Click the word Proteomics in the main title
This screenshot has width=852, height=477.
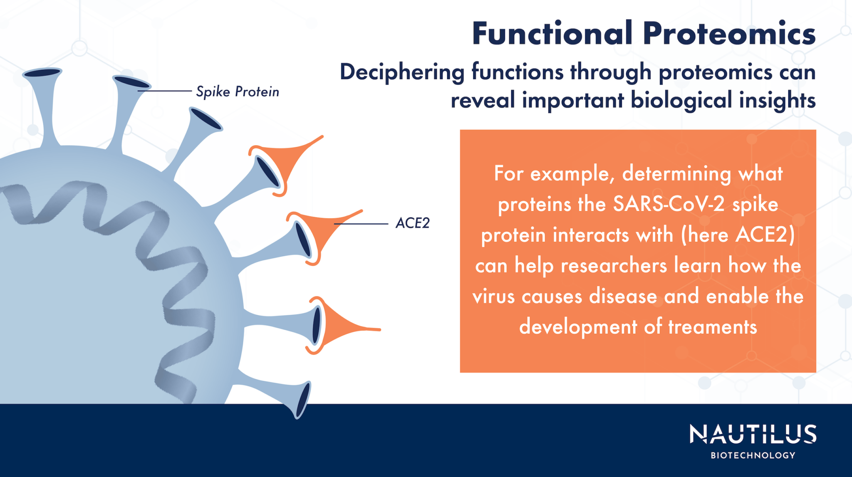tap(729, 34)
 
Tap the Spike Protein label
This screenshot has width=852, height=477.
tap(238, 91)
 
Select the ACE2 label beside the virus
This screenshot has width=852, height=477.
tap(412, 223)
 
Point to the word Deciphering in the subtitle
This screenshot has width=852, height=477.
tap(402, 73)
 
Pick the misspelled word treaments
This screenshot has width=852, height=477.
tap(712, 327)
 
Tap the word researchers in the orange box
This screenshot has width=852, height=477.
tap(614, 266)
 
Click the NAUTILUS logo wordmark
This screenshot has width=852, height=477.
tap(753, 435)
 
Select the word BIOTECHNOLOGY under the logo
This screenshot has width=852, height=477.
tap(753, 455)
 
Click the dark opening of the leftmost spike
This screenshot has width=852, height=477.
tap(42, 73)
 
